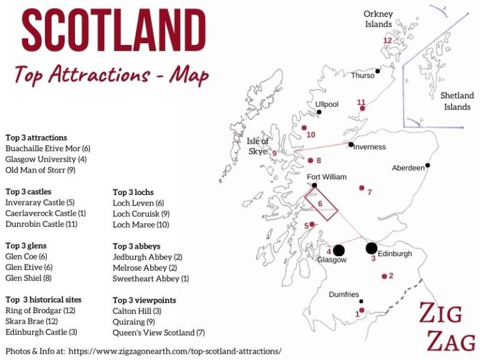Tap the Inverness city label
(x=371, y=147)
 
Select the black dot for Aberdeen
(x=427, y=166)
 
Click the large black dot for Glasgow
(x=339, y=251)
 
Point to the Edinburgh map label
(x=395, y=254)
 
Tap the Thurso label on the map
(x=362, y=76)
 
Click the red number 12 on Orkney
(x=387, y=41)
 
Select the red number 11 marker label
(x=361, y=102)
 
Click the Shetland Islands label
(x=457, y=101)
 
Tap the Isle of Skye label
(x=257, y=146)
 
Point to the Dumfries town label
(x=344, y=294)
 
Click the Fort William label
(x=326, y=177)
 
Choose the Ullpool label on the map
(x=327, y=104)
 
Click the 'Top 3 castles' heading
(x=28, y=192)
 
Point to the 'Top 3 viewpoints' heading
(x=144, y=300)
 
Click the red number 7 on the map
(x=369, y=192)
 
